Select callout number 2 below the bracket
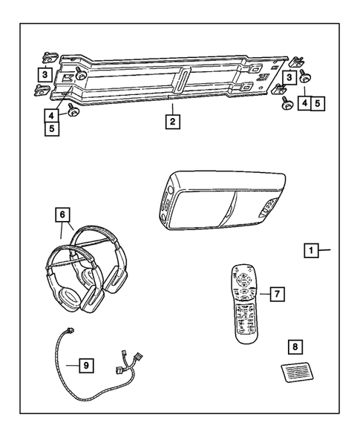(x=171, y=121)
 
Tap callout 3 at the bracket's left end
(x=45, y=74)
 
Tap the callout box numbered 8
(x=295, y=346)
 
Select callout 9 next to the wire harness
(x=87, y=364)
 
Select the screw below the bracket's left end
(x=74, y=111)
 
